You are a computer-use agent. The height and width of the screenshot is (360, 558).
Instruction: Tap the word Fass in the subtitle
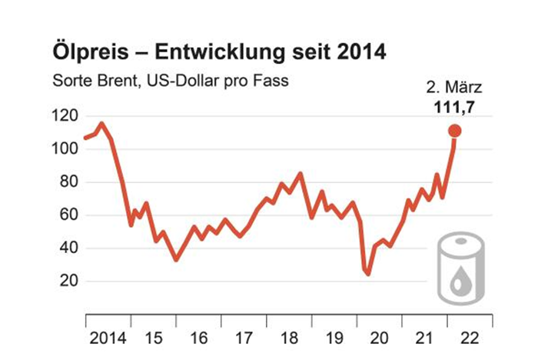coord(273,80)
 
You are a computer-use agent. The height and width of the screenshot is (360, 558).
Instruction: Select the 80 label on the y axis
coord(68,182)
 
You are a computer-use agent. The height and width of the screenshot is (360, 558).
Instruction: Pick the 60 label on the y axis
coord(68,215)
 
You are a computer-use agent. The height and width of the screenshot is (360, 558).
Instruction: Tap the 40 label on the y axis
coord(68,248)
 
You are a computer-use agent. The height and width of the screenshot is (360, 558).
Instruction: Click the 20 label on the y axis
coord(68,282)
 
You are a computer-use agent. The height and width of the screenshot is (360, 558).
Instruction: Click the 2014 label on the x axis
coord(106,337)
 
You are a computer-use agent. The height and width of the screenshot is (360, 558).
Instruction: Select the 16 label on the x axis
coord(199,337)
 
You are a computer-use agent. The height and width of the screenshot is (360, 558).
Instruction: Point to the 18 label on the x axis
coord(290,337)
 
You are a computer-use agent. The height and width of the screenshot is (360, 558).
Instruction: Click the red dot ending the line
coord(454,131)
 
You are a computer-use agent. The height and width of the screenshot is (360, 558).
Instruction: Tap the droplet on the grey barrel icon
coord(459,283)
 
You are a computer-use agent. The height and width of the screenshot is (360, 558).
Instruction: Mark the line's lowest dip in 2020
coord(368,273)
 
